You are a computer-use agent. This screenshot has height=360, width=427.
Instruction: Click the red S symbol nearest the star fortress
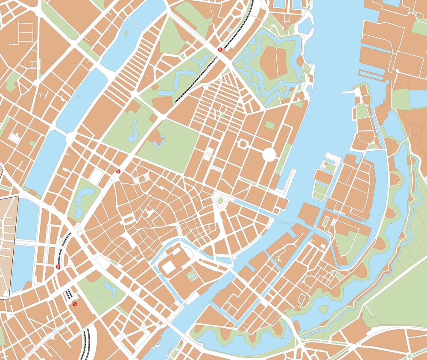coord(220,50)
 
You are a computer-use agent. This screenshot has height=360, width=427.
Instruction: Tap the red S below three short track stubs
coord(75,304)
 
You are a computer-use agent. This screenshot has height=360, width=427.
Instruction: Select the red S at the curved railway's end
coord(58,267)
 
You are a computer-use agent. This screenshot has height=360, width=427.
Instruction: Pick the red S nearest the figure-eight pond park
coord(118,171)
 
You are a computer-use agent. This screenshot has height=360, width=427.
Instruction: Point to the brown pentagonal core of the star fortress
coord(273,63)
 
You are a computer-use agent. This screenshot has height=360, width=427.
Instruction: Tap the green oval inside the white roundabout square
coord(220,200)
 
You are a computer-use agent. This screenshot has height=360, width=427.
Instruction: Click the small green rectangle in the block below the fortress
coord(270,125)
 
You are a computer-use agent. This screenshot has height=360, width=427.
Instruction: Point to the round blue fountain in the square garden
coord(192,277)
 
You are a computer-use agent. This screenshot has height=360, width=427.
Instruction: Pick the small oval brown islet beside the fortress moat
coord(300,61)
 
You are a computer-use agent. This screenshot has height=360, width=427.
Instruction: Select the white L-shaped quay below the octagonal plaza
coord(290,179)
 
